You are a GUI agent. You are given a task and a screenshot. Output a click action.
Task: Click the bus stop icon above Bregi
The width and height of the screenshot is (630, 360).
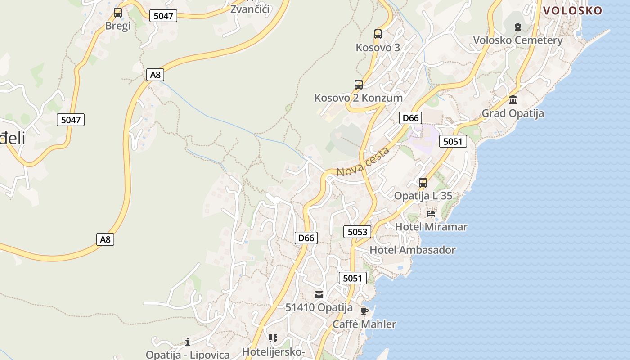click(118, 13)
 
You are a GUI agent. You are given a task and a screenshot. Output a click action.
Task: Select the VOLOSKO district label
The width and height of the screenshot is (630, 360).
click(572, 11)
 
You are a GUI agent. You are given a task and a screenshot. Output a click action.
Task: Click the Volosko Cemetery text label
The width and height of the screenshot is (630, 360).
click(517, 40)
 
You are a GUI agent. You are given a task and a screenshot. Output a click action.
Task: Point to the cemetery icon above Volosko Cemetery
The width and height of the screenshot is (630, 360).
click(518, 27)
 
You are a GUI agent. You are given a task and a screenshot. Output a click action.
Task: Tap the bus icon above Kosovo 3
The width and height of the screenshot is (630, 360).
click(378, 34)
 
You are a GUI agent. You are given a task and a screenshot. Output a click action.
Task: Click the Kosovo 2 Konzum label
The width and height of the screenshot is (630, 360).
click(358, 98)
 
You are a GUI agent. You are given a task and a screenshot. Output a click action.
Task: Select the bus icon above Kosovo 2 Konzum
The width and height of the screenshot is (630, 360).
click(359, 85)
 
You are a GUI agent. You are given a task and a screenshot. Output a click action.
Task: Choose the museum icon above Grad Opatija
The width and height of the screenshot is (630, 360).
click(513, 100)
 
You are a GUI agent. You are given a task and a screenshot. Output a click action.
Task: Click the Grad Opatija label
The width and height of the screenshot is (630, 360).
click(513, 113)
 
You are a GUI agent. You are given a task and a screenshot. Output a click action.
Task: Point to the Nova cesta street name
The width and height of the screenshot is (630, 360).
click(363, 162)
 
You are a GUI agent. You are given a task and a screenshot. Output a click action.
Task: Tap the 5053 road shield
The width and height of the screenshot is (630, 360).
click(358, 232)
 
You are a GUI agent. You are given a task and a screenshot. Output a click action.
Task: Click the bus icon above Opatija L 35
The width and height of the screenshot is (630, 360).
click(423, 183)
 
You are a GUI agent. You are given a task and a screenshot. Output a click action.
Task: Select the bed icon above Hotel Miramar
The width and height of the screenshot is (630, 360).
click(431, 214)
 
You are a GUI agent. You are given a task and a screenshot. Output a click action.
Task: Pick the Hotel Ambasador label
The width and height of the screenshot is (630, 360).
click(412, 250)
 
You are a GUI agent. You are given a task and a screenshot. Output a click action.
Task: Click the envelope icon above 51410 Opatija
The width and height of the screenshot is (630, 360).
click(319, 295)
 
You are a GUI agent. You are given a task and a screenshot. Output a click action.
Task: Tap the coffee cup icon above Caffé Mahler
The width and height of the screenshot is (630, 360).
click(364, 311)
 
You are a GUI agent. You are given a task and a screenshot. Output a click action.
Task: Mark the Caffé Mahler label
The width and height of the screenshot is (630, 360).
click(364, 324)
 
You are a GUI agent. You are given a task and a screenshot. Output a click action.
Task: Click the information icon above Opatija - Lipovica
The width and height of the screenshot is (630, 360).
click(188, 342)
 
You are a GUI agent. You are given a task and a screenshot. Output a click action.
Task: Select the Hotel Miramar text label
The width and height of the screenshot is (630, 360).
click(431, 226)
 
